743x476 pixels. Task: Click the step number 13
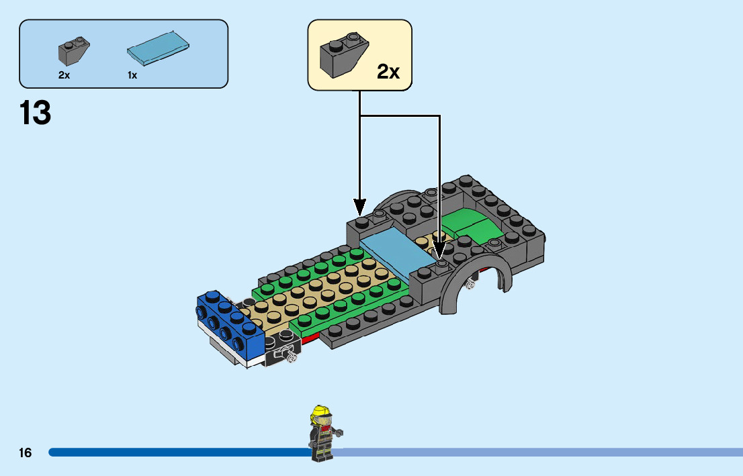tap(36, 113)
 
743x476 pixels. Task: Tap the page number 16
tap(25, 453)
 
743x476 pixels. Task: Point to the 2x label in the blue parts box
tap(64, 75)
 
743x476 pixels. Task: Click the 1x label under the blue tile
tap(132, 75)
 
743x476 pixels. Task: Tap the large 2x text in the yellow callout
tap(388, 72)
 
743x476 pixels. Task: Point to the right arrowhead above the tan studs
tap(439, 252)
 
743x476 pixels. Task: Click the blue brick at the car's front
tap(228, 322)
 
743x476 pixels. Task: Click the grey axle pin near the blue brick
tap(291, 358)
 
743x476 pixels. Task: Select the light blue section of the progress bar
tap(537, 453)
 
